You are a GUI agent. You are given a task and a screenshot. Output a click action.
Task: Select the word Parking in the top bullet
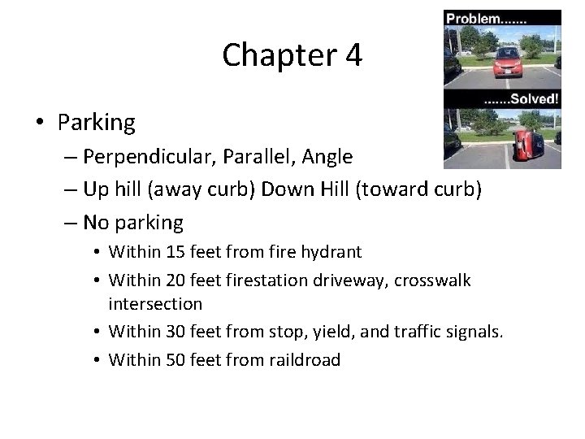point(96,123)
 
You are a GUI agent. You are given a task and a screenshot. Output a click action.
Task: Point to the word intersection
point(155,304)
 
